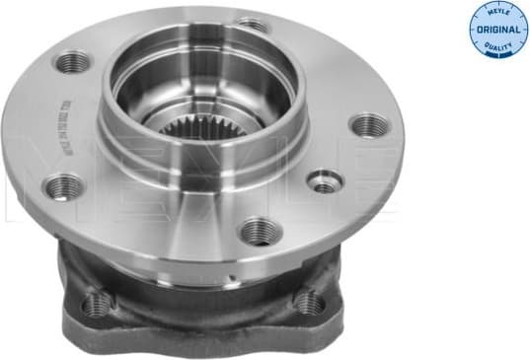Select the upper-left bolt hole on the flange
72,63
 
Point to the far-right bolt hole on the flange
368,124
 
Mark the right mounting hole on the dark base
309,301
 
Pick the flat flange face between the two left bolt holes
59,123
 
